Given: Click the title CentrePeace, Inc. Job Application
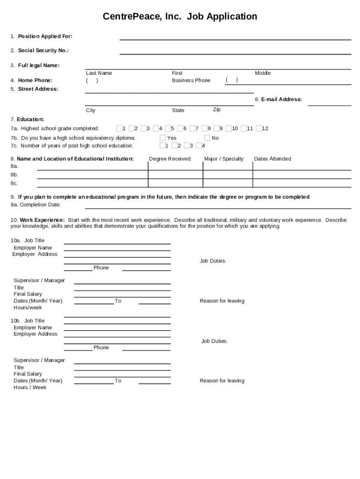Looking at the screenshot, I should coord(180,17).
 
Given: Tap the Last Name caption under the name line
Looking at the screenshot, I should coord(99,73).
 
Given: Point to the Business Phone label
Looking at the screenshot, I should coord(191,80).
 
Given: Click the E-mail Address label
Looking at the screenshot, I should coord(278,99).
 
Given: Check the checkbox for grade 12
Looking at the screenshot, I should coord(259,128).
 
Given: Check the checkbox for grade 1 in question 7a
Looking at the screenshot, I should coord(119,128).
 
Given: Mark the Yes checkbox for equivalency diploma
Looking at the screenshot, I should coord(162,138).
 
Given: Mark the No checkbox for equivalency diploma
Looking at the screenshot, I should coord(207,138).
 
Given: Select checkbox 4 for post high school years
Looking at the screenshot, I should coord(199,145).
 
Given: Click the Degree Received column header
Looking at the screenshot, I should coord(170,159).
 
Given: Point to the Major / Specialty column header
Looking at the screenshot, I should coord(224,159).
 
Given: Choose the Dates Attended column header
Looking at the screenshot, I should coord(272,159).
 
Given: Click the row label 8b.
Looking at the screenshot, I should coord(14,174).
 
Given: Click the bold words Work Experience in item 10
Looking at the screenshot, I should coord(42,220).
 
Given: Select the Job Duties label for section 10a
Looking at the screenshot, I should coord(213,261).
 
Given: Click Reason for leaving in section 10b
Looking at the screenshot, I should coord(222,381).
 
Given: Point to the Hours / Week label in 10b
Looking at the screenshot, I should coord(30,387).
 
